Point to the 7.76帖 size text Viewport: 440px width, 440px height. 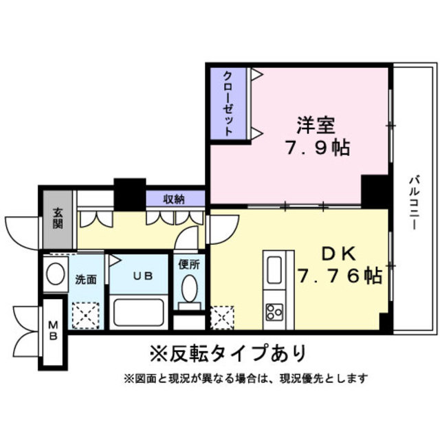340,276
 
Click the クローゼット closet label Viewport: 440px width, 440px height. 228,102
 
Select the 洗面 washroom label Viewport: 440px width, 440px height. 85,280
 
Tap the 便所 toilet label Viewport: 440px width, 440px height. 188,263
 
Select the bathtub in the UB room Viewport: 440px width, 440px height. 138,311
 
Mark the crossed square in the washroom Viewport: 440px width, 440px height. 87,313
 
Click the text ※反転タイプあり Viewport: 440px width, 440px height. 227,353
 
